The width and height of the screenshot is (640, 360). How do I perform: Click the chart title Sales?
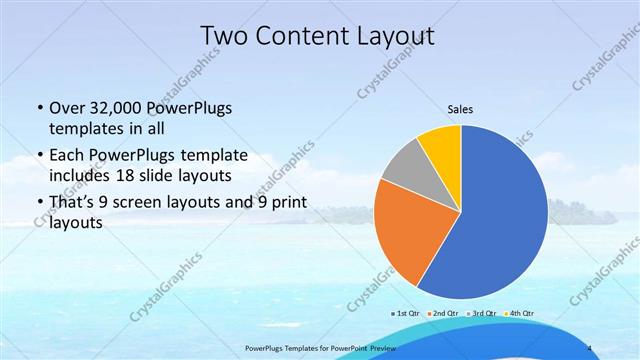pos(460,110)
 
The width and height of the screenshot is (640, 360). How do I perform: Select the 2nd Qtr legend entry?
pos(444,313)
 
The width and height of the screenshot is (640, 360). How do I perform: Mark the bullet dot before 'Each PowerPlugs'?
pos(38,156)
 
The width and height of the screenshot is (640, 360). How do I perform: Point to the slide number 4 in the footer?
pos(592,347)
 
